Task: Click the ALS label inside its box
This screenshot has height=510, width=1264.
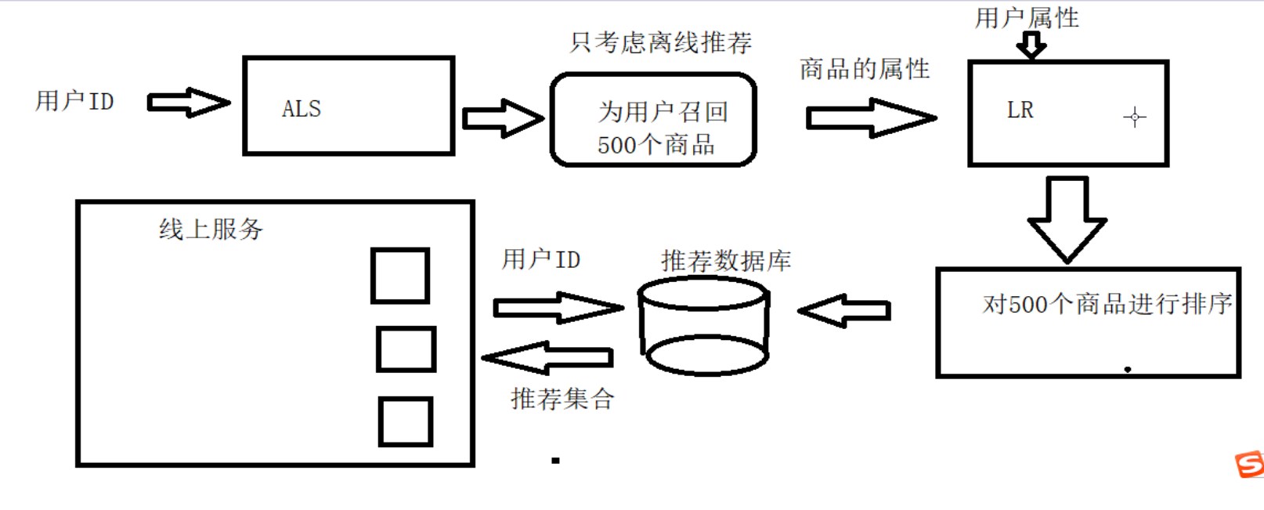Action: point(302,109)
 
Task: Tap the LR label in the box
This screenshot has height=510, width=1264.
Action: point(1020,110)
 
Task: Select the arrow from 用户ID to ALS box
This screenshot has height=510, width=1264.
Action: point(188,102)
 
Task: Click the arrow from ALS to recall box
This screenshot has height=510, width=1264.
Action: point(502,118)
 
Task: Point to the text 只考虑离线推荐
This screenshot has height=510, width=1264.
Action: point(660,42)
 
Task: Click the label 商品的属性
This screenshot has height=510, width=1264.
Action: point(864,70)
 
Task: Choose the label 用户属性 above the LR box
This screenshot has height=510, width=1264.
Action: point(1026,17)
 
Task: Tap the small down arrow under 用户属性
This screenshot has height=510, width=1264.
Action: point(1031,45)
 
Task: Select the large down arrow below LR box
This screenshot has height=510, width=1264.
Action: point(1067,219)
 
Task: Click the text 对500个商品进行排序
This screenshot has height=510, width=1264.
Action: point(1107,304)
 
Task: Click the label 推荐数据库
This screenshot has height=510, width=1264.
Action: point(725,261)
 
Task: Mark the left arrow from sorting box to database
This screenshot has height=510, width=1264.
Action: point(844,311)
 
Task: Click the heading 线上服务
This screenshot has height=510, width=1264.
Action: point(211,230)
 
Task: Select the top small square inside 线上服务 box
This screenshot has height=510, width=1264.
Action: point(400,276)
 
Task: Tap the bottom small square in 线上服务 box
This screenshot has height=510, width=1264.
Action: point(406,421)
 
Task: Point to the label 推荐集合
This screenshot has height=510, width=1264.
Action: point(562,399)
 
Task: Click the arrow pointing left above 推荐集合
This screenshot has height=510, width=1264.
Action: point(547,358)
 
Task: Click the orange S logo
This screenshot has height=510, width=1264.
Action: point(1250,464)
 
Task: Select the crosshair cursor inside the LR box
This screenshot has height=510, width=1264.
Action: point(1134,118)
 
